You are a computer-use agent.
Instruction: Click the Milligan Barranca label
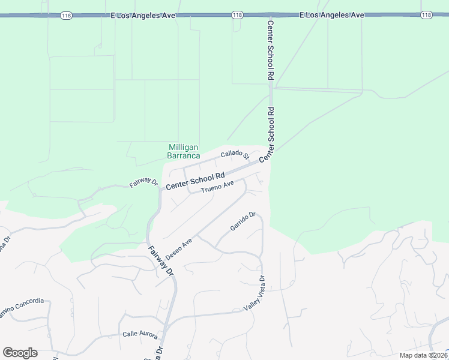(184, 151)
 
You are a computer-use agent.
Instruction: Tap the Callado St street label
(235, 155)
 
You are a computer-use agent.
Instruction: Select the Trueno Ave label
(217, 188)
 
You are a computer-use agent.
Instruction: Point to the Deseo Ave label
(179, 248)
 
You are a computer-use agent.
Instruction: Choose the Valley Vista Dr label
(254, 294)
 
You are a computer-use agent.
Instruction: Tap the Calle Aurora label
(140, 334)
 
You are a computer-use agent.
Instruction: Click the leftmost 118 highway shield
(66, 15)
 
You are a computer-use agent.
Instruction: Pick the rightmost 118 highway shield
(427, 15)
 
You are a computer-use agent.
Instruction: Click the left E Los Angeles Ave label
(144, 15)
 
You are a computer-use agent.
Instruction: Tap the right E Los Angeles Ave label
(332, 15)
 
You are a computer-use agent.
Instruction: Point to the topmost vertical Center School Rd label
(270, 50)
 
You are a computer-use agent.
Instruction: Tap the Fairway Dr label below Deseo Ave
(161, 260)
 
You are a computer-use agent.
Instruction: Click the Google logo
(20, 353)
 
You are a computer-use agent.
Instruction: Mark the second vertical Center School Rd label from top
(271, 133)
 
